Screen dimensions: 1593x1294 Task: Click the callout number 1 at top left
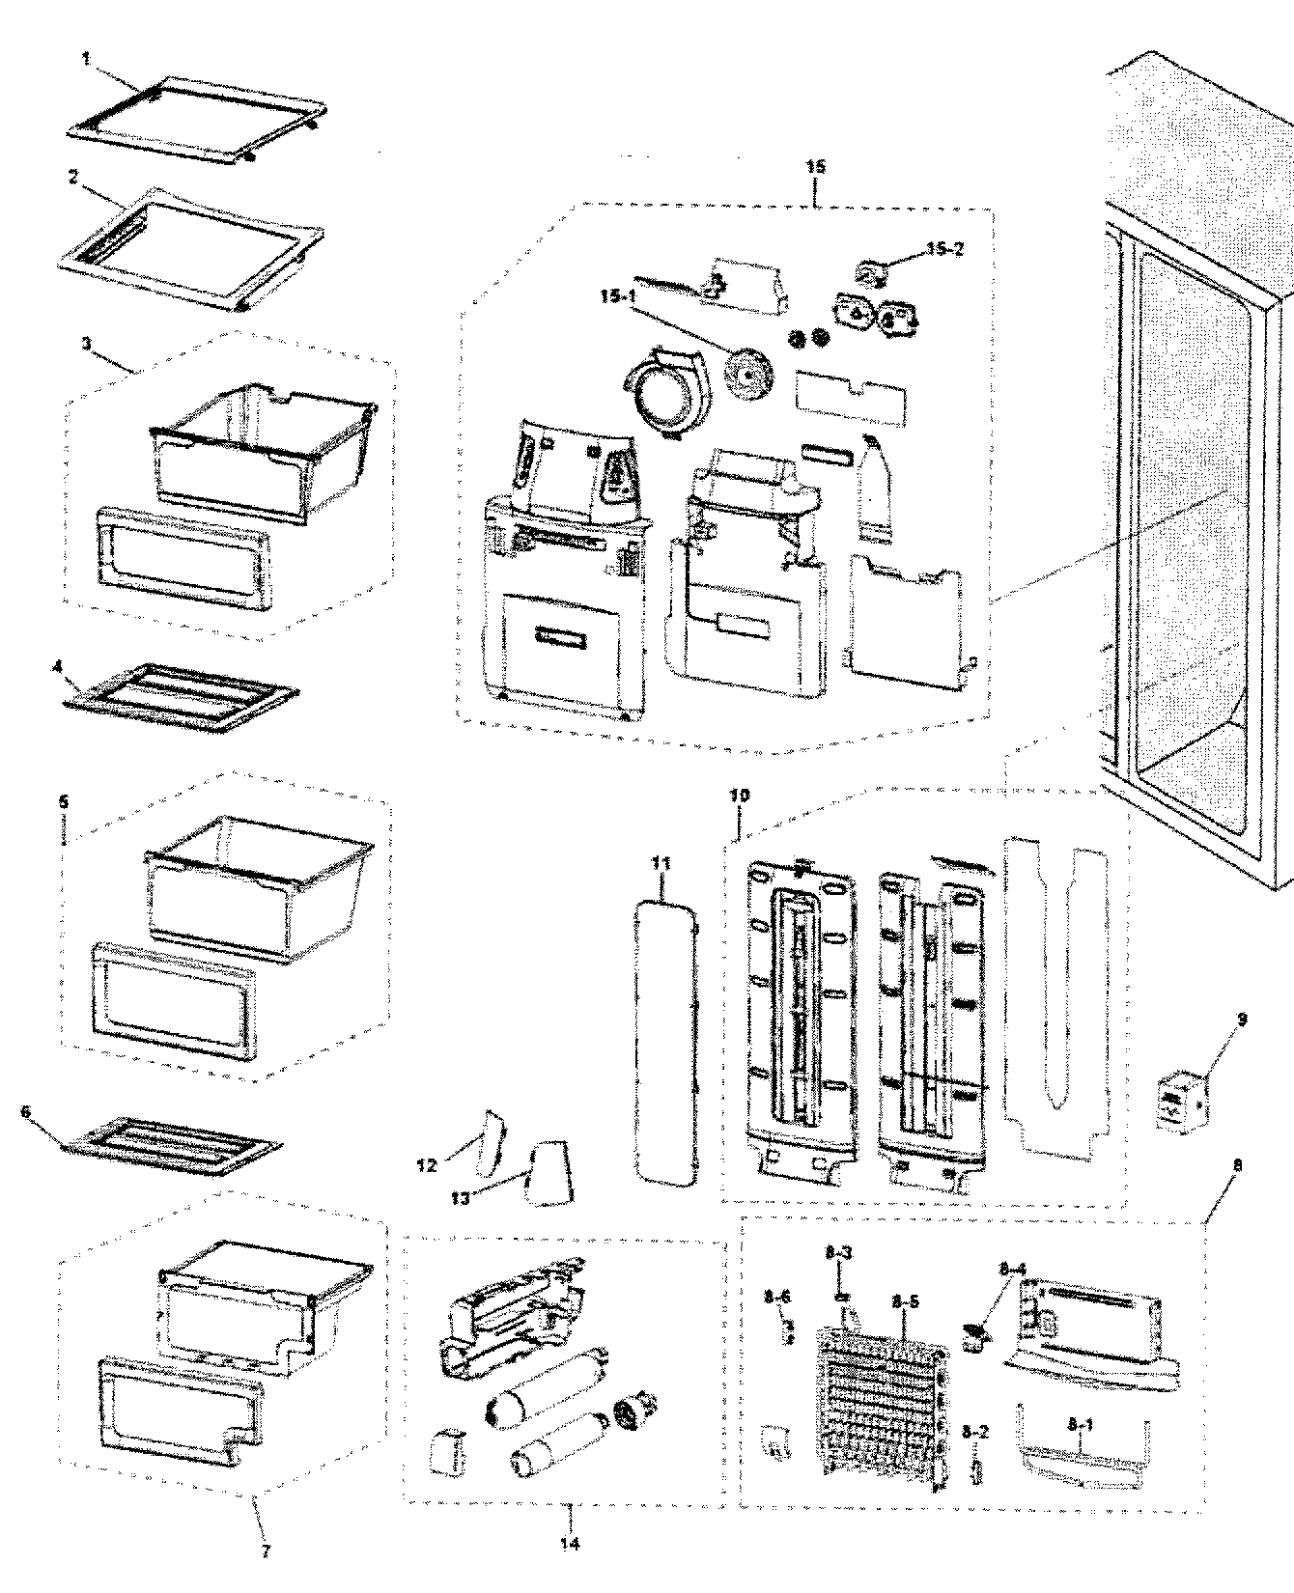pyautogui.click(x=86, y=58)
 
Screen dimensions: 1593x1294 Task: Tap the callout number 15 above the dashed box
pyautogui.click(x=815, y=167)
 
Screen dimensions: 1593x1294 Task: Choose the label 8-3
pyautogui.click(x=837, y=1253)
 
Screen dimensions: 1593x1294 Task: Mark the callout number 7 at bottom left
pyautogui.click(x=266, y=1551)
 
